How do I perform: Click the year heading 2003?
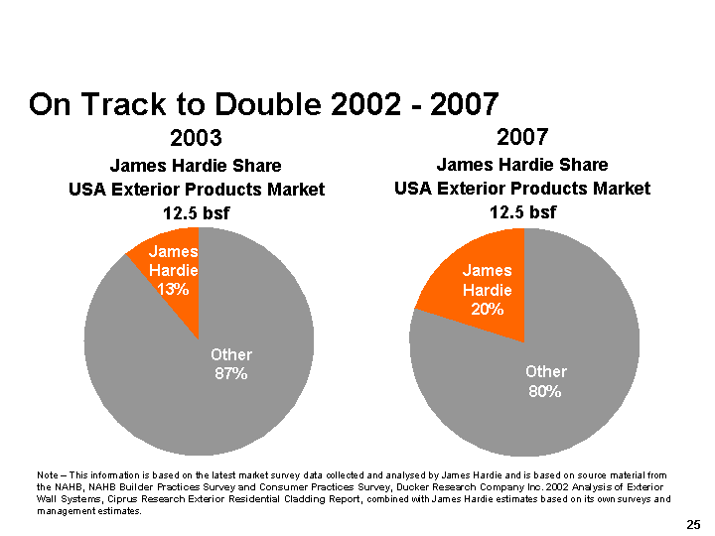click(x=196, y=137)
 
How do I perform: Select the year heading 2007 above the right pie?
click(x=522, y=135)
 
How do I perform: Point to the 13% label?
click(x=173, y=289)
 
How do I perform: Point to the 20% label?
click(x=487, y=310)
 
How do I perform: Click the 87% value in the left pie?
click(x=231, y=374)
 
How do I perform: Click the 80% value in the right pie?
click(x=545, y=391)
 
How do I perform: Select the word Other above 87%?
click(x=231, y=354)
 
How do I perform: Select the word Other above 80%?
click(x=545, y=371)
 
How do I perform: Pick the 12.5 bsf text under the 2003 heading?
click(x=196, y=212)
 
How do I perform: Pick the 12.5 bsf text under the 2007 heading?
click(x=522, y=211)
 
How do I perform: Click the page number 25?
click(x=693, y=523)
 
